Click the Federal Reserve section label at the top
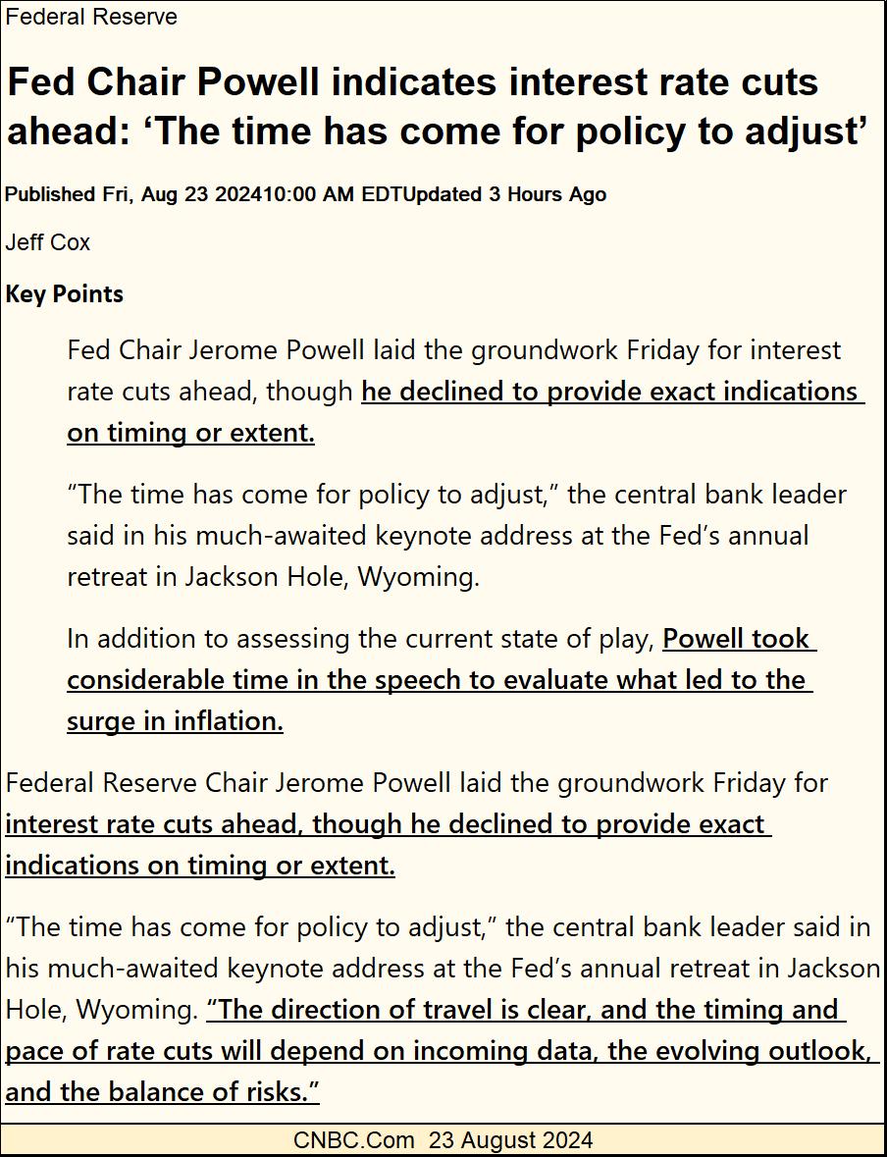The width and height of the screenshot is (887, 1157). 91,17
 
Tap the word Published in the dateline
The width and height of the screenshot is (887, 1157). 50,194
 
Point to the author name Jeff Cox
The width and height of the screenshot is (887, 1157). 48,241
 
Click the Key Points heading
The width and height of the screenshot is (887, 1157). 65,293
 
